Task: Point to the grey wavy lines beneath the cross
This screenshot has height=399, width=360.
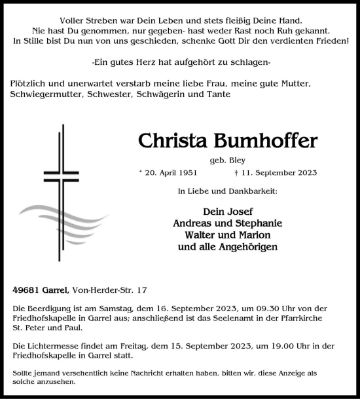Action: point(62,216)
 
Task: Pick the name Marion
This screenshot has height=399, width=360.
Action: point(253,235)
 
